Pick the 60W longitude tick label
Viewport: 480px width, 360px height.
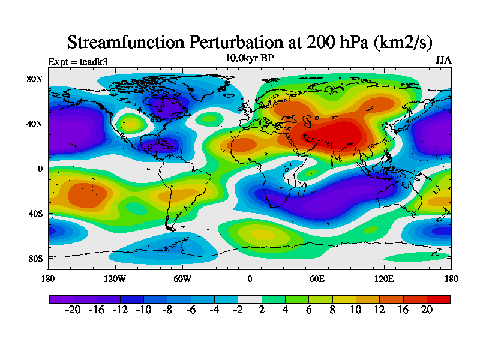click(182, 278)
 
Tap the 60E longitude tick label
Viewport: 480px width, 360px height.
click(317, 278)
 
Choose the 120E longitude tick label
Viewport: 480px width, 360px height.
click(384, 278)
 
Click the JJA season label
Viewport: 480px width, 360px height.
click(443, 61)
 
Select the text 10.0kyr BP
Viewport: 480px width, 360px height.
click(250, 58)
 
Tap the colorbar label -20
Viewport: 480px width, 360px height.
click(73, 310)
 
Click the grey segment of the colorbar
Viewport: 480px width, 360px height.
click(250, 298)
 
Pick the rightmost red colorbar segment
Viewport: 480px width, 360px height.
click(438, 298)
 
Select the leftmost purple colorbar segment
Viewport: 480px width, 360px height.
click(61, 298)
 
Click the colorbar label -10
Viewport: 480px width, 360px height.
click(143, 310)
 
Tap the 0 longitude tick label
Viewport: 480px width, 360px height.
click(250, 278)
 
